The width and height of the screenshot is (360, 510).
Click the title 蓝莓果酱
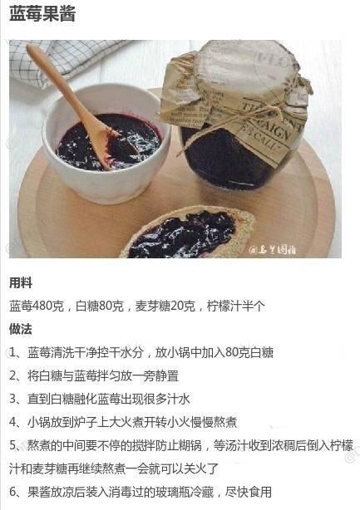tap(42, 14)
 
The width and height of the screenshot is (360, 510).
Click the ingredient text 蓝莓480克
tap(37, 306)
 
